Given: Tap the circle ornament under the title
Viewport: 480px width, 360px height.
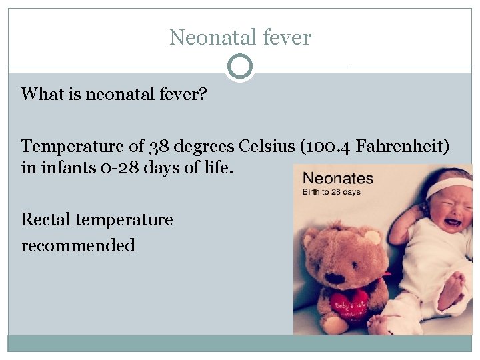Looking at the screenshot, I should (240, 67).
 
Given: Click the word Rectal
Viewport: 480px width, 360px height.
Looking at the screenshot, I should (47, 219).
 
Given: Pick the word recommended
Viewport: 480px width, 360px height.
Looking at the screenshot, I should (78, 245).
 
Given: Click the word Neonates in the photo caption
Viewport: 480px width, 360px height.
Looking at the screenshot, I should (338, 179).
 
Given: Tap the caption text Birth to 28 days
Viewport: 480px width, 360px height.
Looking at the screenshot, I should (331, 192).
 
